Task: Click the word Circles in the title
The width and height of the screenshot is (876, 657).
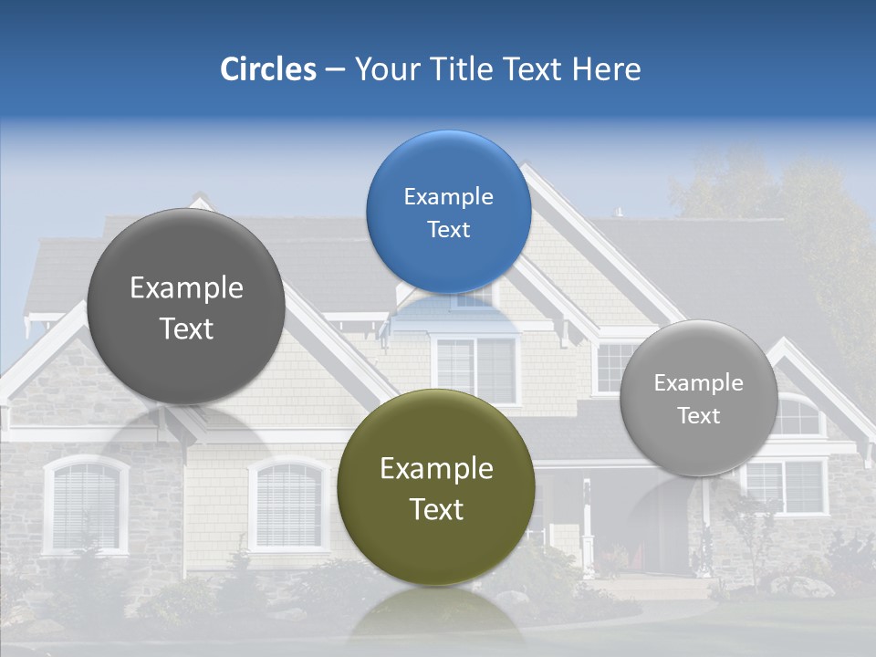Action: click(x=268, y=69)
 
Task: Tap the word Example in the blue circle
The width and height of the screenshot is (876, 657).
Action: click(x=448, y=197)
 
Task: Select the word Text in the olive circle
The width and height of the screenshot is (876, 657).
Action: click(x=436, y=509)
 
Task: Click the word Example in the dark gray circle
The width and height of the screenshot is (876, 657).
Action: click(x=186, y=288)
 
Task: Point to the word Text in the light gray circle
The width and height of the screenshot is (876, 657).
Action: click(x=698, y=416)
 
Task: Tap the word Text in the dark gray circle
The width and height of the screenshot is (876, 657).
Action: click(x=186, y=329)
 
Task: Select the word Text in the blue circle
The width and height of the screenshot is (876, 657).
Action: click(x=448, y=230)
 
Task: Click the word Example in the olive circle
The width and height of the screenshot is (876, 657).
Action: click(x=436, y=469)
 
